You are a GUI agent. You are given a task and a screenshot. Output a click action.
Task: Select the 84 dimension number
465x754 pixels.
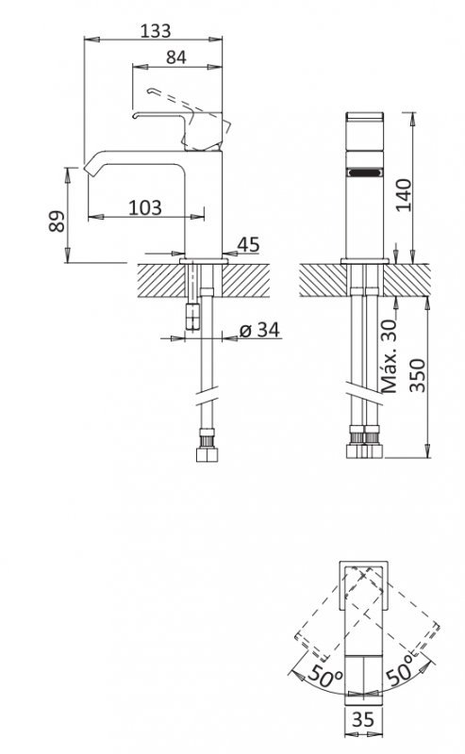[x=175, y=56]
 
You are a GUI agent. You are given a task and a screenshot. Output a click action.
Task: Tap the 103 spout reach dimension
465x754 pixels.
[x=143, y=206]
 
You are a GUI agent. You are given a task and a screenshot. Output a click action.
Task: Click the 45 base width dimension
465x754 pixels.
[x=248, y=245]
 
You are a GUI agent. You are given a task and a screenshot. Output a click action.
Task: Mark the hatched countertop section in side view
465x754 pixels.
[x=160, y=278]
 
